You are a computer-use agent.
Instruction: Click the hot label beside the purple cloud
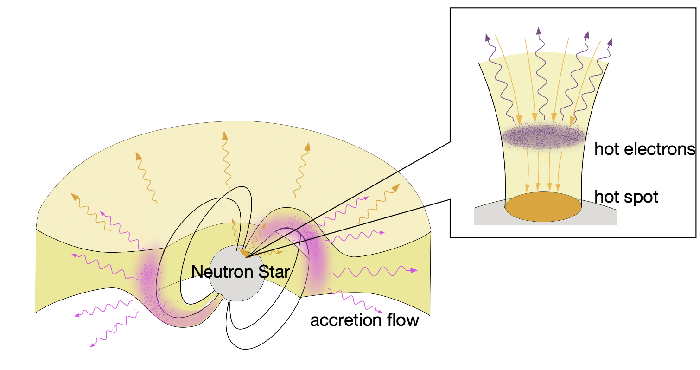(605, 149)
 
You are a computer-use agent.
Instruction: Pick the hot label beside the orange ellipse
(605, 197)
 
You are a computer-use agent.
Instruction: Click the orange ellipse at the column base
(543, 206)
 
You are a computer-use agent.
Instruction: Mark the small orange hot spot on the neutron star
(244, 253)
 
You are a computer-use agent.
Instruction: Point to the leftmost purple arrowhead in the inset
(487, 37)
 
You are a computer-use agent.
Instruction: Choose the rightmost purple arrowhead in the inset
(610, 42)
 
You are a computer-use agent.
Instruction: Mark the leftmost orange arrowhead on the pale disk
(74, 197)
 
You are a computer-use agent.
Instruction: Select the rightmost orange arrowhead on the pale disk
(396, 187)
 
